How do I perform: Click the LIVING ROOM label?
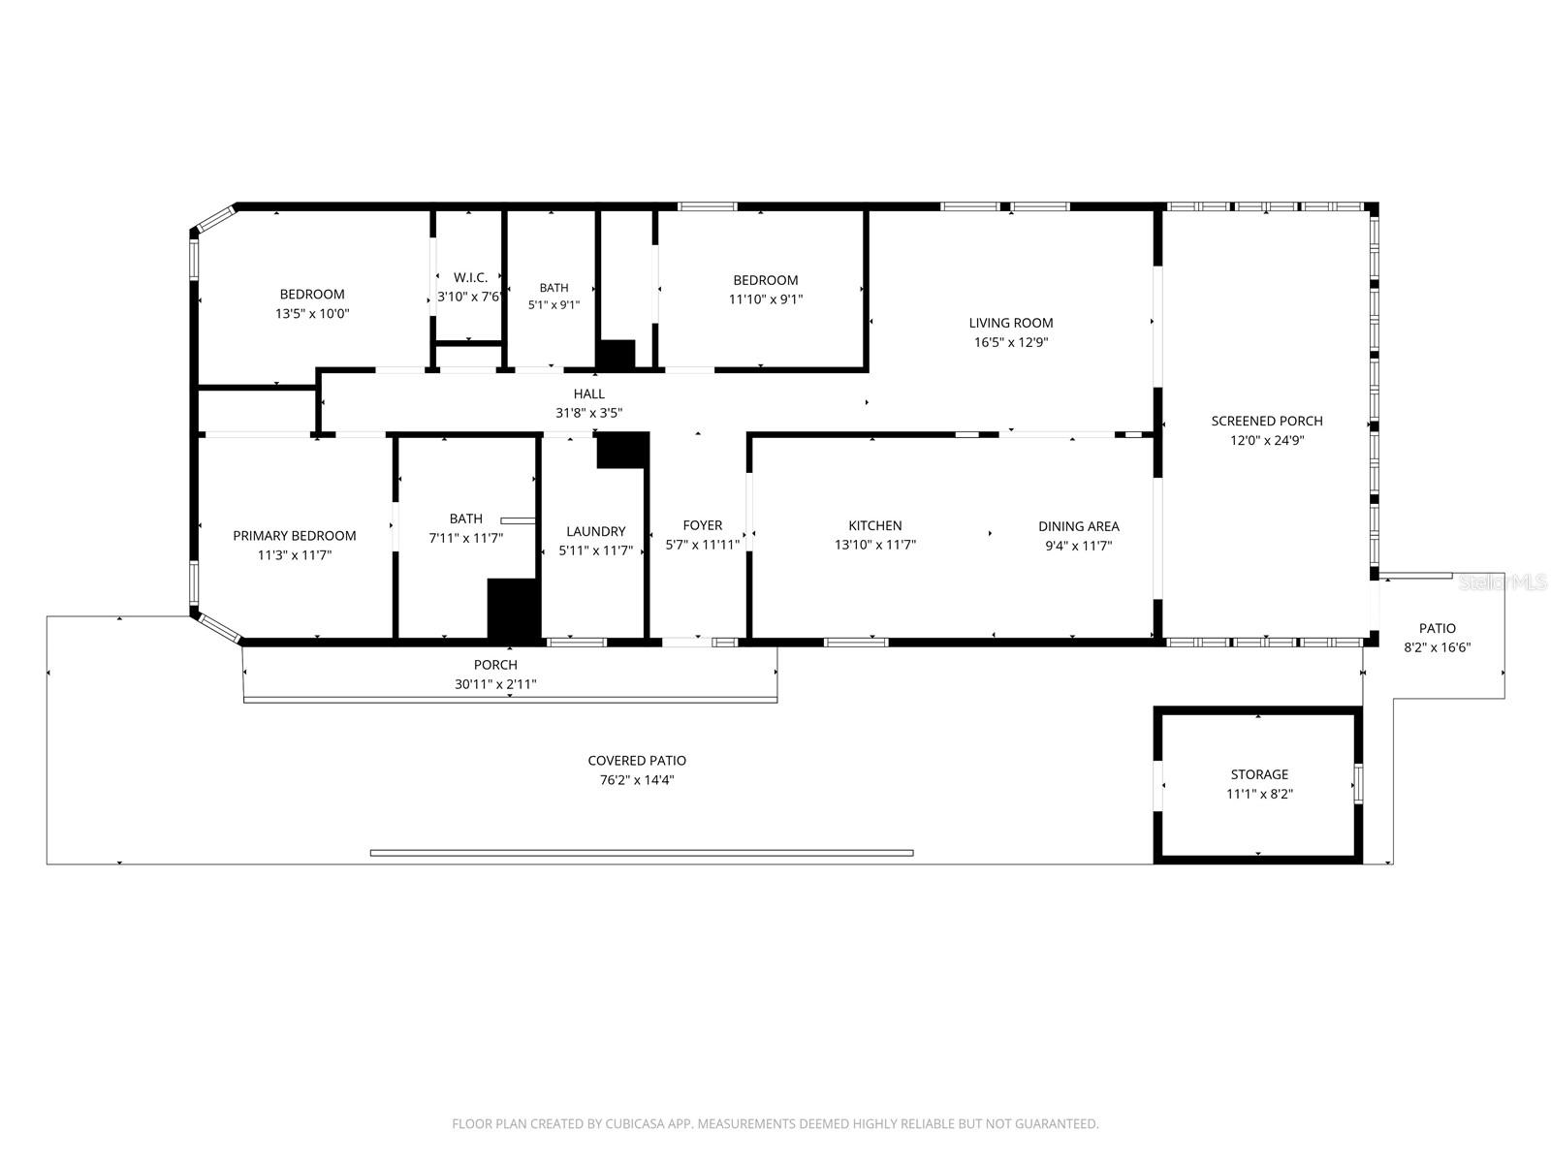[x=1010, y=323]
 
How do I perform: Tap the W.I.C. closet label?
[x=470, y=277]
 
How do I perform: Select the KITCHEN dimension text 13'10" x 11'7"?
[x=874, y=545]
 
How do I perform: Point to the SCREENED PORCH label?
[x=1266, y=421]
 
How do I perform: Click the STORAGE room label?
[x=1259, y=774]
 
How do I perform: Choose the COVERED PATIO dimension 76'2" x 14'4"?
[x=637, y=779]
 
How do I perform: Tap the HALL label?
[x=588, y=393]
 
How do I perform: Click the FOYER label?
[x=703, y=525]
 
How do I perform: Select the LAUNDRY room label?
[x=595, y=531]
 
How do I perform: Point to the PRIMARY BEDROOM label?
[x=295, y=535]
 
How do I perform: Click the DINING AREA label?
[x=1078, y=526]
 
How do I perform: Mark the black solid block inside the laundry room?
[x=622, y=451]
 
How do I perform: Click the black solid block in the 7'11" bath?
[x=513, y=608]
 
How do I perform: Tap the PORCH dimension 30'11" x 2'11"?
[x=495, y=683]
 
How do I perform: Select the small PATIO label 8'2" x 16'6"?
[x=1438, y=638]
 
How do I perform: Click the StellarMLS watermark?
[x=1503, y=582]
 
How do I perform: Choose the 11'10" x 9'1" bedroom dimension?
[x=765, y=299]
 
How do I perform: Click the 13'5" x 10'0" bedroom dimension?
[x=312, y=313]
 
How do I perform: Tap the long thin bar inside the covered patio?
[x=642, y=853]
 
